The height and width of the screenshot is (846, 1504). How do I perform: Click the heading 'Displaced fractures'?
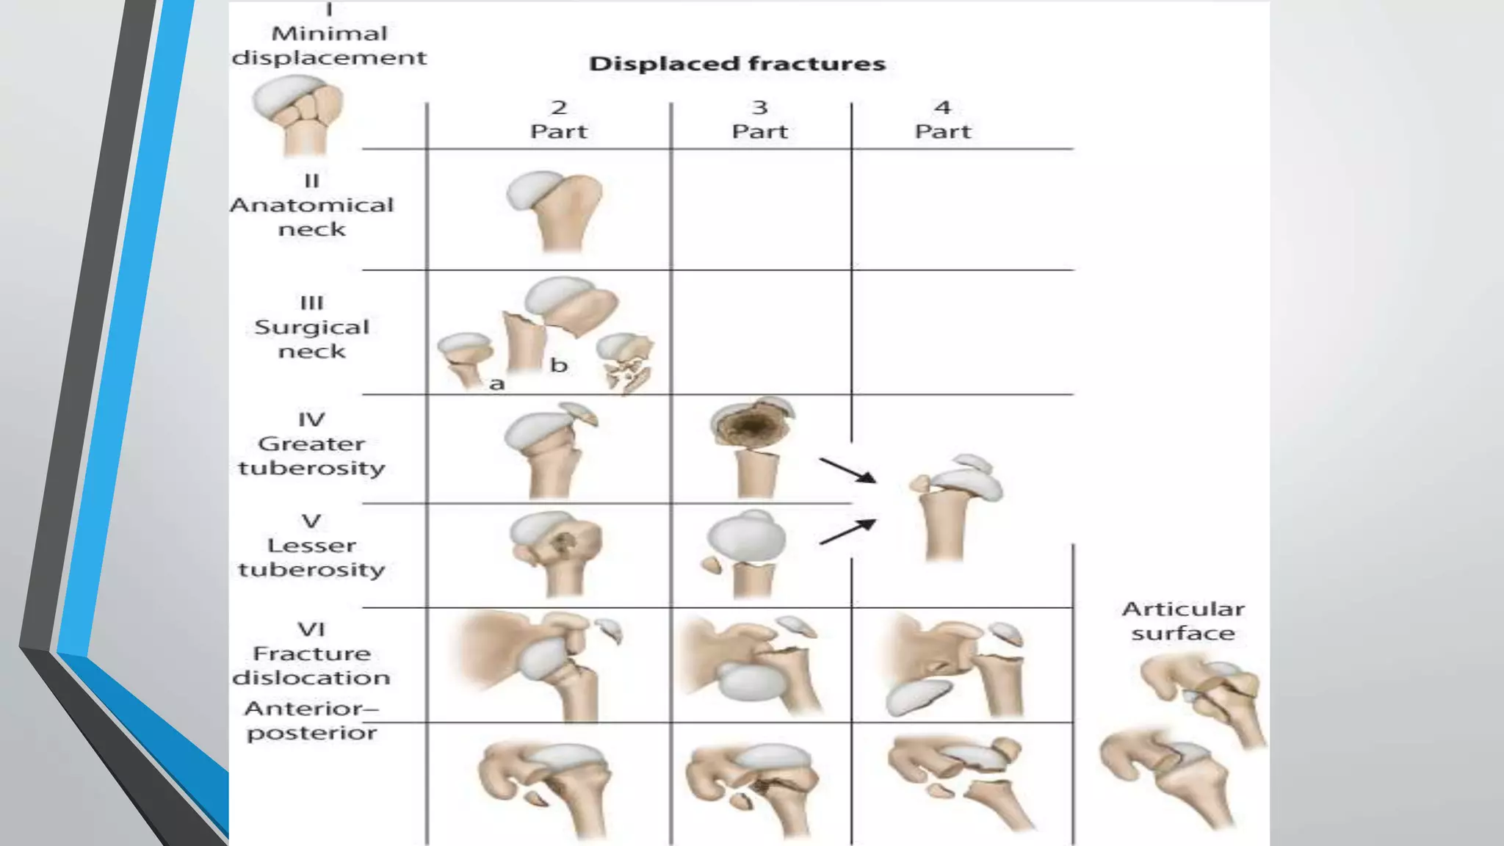pos(737,64)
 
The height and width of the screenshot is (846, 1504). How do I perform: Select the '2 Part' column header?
pos(559,120)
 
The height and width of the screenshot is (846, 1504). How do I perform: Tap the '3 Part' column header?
pos(759,120)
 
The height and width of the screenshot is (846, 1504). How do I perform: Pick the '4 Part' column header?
pos(942,120)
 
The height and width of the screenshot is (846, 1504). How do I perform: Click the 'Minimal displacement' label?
pos(329,46)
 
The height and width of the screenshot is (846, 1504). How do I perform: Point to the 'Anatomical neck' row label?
pos(312,205)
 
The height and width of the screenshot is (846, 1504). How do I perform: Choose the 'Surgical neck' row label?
pos(312,327)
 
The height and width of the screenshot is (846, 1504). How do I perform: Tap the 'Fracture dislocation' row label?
pos(312,654)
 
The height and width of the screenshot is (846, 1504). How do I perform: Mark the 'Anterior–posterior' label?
pos(312,720)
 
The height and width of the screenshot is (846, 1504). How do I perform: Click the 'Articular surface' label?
pos(1183,621)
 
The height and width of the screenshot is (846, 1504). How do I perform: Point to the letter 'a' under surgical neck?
pos(497,383)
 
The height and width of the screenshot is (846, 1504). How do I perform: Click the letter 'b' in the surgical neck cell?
pos(559,365)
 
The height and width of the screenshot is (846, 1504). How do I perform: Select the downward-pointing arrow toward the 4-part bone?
pos(848,471)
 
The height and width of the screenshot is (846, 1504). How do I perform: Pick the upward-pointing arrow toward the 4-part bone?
pos(848,532)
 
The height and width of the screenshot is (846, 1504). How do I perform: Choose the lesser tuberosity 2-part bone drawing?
pos(556,551)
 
